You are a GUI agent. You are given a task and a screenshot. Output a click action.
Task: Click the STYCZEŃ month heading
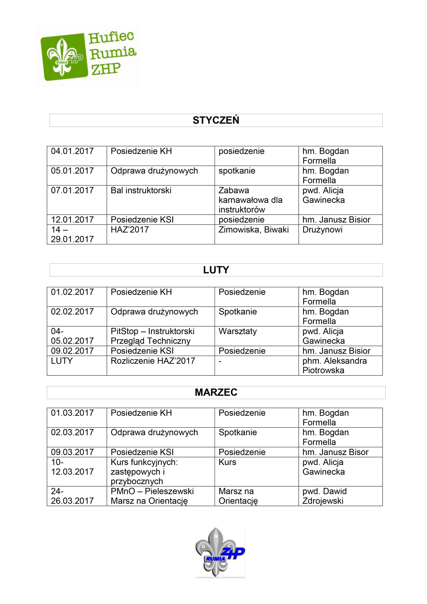(216, 120)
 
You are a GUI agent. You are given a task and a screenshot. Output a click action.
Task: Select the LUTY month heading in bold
(216, 270)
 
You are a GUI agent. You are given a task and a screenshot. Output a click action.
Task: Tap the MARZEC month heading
(216, 392)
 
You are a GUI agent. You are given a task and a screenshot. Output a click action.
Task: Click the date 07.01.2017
(72, 190)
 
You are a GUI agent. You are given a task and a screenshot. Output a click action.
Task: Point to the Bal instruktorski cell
(141, 190)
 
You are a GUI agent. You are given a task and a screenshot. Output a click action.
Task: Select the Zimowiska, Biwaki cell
(253, 230)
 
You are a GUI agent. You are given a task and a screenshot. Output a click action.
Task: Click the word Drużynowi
(322, 230)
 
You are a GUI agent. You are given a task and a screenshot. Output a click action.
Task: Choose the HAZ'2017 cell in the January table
(130, 230)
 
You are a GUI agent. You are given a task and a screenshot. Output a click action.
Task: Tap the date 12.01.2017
(72, 220)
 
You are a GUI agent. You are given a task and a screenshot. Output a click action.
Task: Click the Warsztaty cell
(237, 331)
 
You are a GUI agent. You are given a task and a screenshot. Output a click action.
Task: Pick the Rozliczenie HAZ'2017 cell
(153, 361)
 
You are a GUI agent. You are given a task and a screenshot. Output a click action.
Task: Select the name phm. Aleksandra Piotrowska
(334, 365)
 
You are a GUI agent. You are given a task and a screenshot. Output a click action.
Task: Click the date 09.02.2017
(72, 351)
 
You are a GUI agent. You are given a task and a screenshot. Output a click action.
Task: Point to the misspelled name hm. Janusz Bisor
(335, 452)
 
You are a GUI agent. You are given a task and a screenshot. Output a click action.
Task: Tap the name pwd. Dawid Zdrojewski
(324, 496)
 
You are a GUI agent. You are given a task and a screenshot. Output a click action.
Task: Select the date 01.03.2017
(72, 413)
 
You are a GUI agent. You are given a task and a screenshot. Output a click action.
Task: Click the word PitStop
(124, 331)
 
